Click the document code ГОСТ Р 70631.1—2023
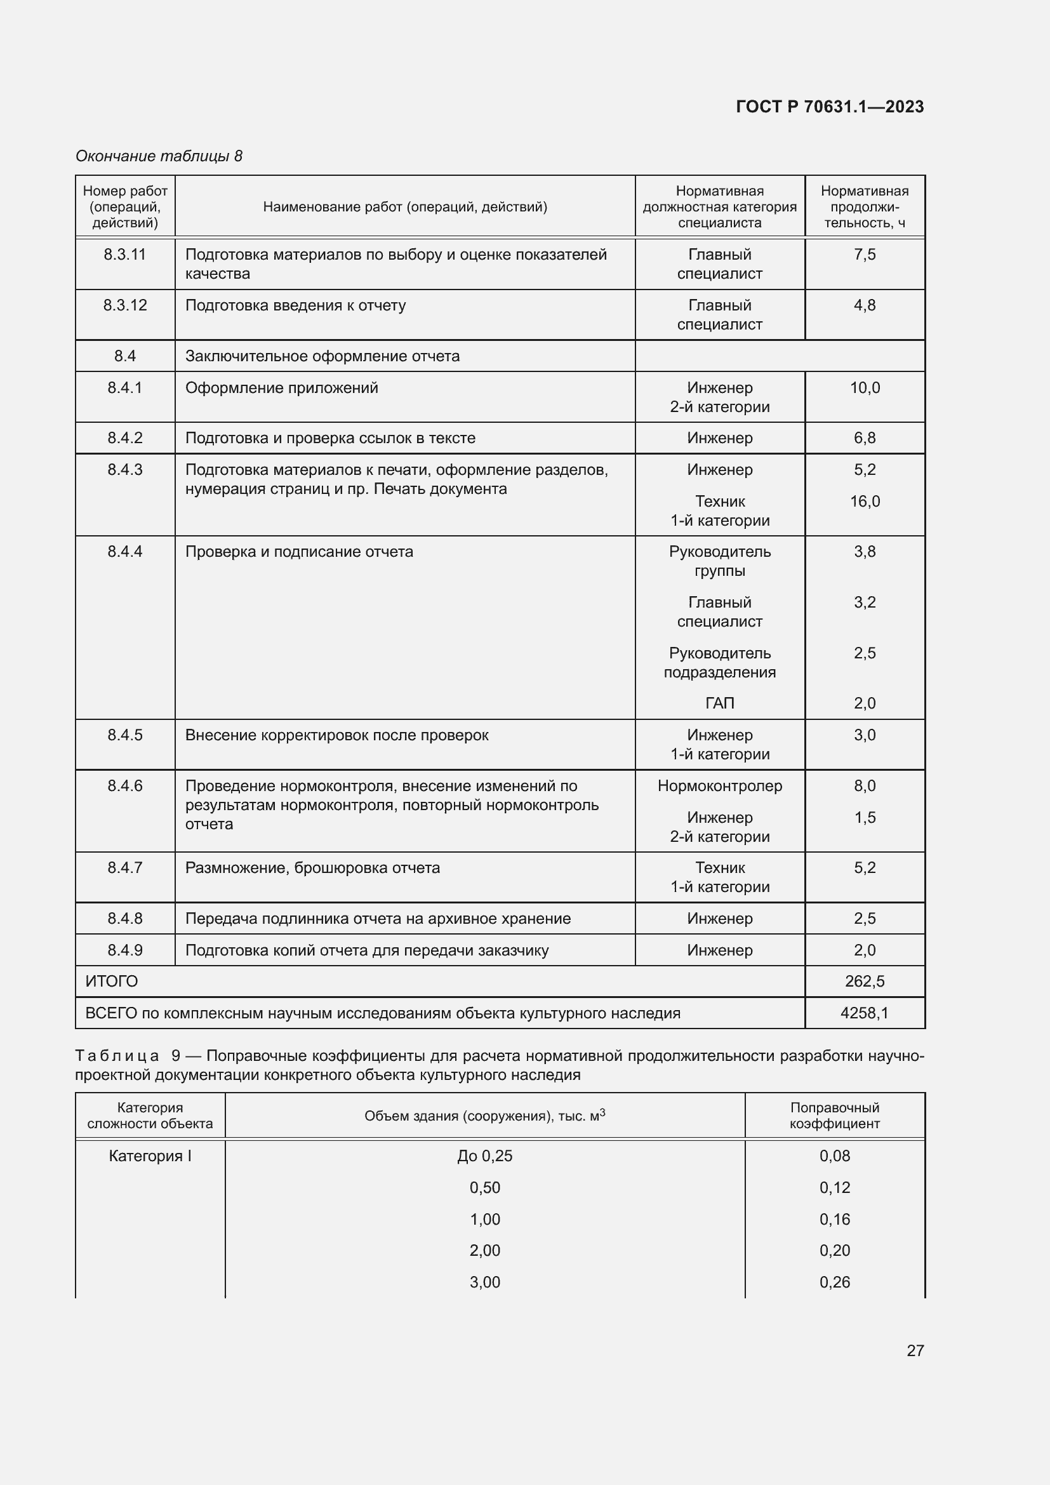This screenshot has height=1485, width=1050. pyautogui.click(x=830, y=107)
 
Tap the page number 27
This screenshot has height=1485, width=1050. pyautogui.click(x=915, y=1350)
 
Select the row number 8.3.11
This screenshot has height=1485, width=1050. pyautogui.click(x=125, y=254)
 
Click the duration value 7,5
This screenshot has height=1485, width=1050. pyautogui.click(x=865, y=254)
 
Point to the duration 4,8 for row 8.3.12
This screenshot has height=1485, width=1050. pyautogui.click(x=865, y=305)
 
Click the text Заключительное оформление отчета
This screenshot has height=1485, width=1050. pyautogui.click(x=322, y=356)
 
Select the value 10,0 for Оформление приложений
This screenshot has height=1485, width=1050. pyautogui.click(x=865, y=387)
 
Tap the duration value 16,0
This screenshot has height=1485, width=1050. pyautogui.click(x=865, y=502)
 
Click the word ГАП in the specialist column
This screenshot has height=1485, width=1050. pyautogui.click(x=720, y=703)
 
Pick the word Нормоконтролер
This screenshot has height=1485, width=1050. pyautogui.click(x=720, y=786)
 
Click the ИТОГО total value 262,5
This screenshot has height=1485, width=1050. pyautogui.click(x=865, y=981)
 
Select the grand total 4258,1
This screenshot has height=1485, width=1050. pyautogui.click(x=865, y=1013)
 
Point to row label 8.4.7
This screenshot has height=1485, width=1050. pyautogui.click(x=125, y=868)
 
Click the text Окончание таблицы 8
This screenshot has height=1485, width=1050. pyautogui.click(x=159, y=156)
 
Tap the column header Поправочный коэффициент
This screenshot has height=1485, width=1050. pyautogui.click(x=834, y=1115)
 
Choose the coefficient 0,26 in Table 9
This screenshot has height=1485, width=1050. pyautogui.click(x=834, y=1282)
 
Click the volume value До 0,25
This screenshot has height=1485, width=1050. pyautogui.click(x=484, y=1155)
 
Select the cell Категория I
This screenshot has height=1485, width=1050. pyautogui.click(x=150, y=1155)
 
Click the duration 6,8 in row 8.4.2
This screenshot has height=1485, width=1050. pyautogui.click(x=865, y=438)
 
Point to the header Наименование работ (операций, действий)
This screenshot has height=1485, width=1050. pyautogui.click(x=405, y=207)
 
